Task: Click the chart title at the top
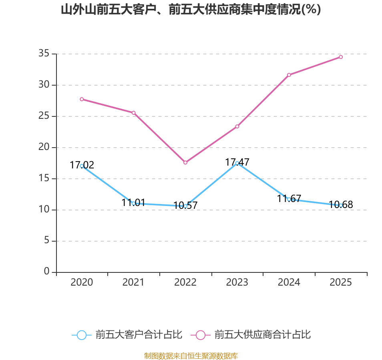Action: tap(191, 10)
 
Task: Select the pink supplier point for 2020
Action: tap(82, 99)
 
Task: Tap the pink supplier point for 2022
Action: tap(185, 162)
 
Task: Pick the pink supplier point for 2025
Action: tap(341, 57)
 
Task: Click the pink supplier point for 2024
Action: tap(289, 75)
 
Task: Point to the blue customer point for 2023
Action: tap(237, 163)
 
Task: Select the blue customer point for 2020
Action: tap(82, 166)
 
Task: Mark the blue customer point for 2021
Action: tap(133, 203)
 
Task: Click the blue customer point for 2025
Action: tap(341, 205)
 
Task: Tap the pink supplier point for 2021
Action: tap(133, 113)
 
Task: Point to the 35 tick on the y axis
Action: tap(44, 54)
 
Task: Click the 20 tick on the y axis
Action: tap(44, 147)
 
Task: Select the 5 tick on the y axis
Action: tap(47, 241)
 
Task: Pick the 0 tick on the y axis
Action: tap(47, 272)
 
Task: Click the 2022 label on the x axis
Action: tap(185, 282)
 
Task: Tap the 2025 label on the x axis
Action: tap(341, 282)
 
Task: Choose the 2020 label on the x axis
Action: tap(82, 282)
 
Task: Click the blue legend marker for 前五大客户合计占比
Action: tap(82, 335)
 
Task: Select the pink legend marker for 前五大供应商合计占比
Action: tap(201, 335)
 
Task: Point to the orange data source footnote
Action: tap(191, 356)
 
